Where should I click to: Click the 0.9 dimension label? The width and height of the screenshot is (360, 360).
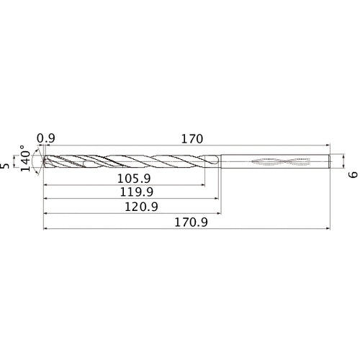point(46,138)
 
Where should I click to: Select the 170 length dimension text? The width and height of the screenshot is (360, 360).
point(191,138)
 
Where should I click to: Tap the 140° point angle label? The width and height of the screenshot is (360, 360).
point(27,161)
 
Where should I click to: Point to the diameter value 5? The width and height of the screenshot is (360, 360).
point(7,166)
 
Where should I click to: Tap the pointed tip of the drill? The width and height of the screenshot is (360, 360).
point(45,163)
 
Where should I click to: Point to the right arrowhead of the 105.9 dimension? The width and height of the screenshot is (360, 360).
point(202,185)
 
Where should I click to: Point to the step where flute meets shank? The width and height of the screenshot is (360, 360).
point(220,162)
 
